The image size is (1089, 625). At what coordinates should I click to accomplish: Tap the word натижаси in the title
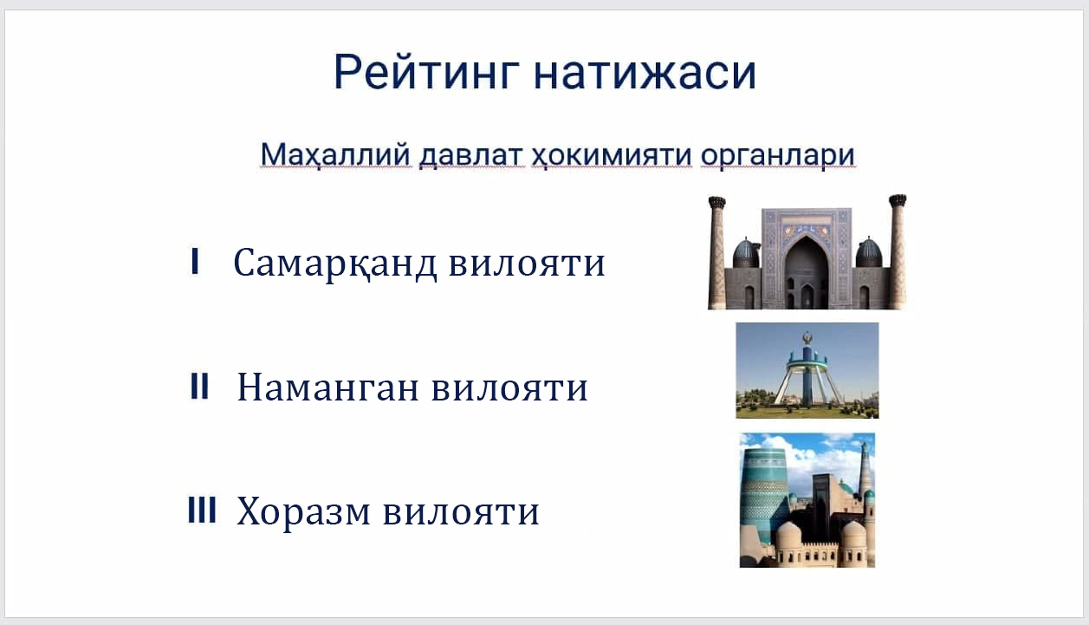[x=645, y=73]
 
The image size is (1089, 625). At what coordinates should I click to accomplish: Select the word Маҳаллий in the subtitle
[x=335, y=155]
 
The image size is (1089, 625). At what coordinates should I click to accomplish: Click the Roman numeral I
[x=195, y=261]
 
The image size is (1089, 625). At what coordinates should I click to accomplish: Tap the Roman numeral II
[x=199, y=387]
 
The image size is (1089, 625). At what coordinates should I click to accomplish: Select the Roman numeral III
[x=202, y=510]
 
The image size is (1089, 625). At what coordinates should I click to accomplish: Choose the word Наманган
[x=328, y=387]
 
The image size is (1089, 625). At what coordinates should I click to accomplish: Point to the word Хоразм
[x=303, y=512]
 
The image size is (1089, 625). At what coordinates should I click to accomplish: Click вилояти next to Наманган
[x=510, y=388]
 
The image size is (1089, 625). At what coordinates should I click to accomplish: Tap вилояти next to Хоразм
[x=462, y=512]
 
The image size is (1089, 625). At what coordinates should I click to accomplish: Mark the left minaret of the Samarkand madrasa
[x=717, y=252]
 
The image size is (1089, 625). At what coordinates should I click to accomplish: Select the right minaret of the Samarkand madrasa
[x=898, y=251]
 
